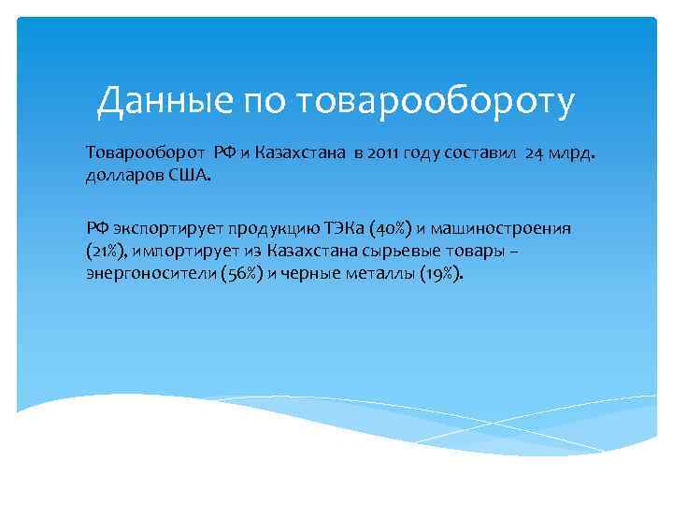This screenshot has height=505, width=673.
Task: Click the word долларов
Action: click(x=123, y=175)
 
